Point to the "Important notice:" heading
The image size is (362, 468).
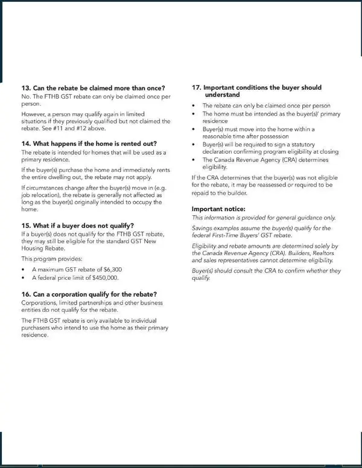point(218,209)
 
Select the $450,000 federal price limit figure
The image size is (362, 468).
point(103,278)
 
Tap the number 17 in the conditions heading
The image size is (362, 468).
point(196,87)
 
